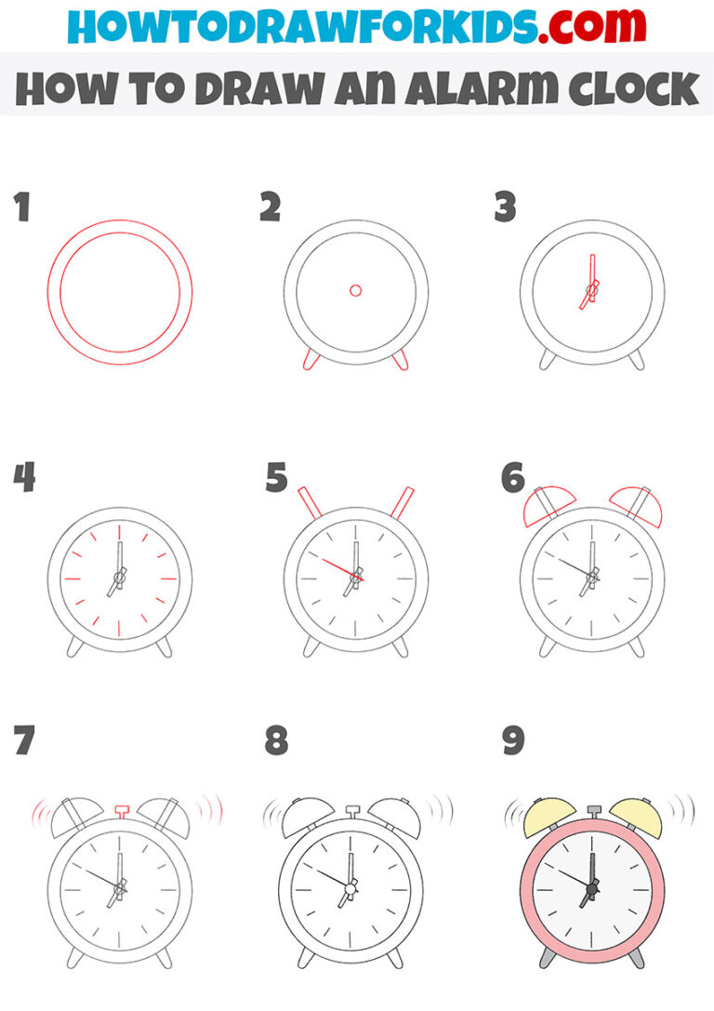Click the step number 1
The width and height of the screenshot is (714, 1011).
coord(21,208)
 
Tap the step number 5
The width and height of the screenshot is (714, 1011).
coord(276,479)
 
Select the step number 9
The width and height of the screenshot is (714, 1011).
coord(513,741)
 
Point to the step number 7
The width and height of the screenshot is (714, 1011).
coord(23,741)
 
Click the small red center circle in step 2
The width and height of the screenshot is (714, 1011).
coord(355,291)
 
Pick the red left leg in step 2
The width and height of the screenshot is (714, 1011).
coord(308,361)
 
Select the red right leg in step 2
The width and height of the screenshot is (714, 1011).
coord(402,361)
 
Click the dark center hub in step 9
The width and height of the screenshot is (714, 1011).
coord(590,890)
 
